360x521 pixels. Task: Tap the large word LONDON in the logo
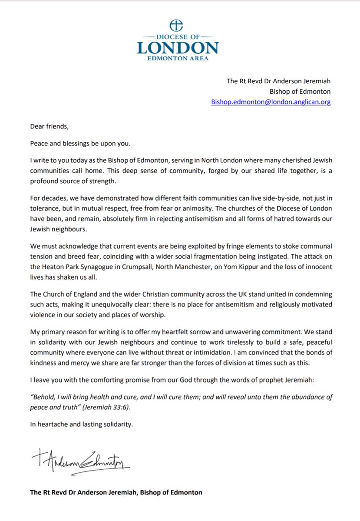pyautogui.click(x=178, y=47)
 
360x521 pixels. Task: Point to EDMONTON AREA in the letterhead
pyautogui.click(x=178, y=59)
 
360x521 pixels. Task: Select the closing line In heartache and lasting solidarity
pyautogui.click(x=81, y=424)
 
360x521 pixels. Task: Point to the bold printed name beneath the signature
pyautogui.click(x=116, y=492)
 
